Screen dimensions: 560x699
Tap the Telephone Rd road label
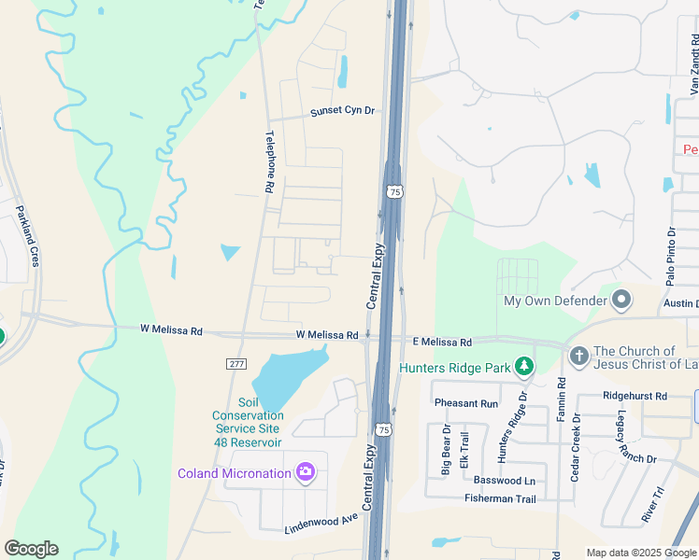[x=269, y=161]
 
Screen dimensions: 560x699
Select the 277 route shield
[x=235, y=363]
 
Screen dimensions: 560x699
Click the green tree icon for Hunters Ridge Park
[x=525, y=367]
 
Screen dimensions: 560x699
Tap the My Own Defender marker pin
[x=621, y=301]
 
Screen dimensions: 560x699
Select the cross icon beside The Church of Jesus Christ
[x=578, y=357]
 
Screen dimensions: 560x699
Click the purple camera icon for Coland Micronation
[x=305, y=472]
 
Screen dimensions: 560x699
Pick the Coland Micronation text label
[x=235, y=473]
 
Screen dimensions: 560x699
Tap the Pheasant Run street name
[x=465, y=403]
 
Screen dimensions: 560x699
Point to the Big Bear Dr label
[x=446, y=451]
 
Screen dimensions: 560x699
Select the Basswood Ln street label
[x=503, y=481]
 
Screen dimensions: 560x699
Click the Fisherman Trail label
[x=500, y=499]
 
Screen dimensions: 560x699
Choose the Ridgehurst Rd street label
[x=635, y=396]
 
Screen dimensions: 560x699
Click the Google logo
[x=31, y=549]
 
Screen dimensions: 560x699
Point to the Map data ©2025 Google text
[x=640, y=553]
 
